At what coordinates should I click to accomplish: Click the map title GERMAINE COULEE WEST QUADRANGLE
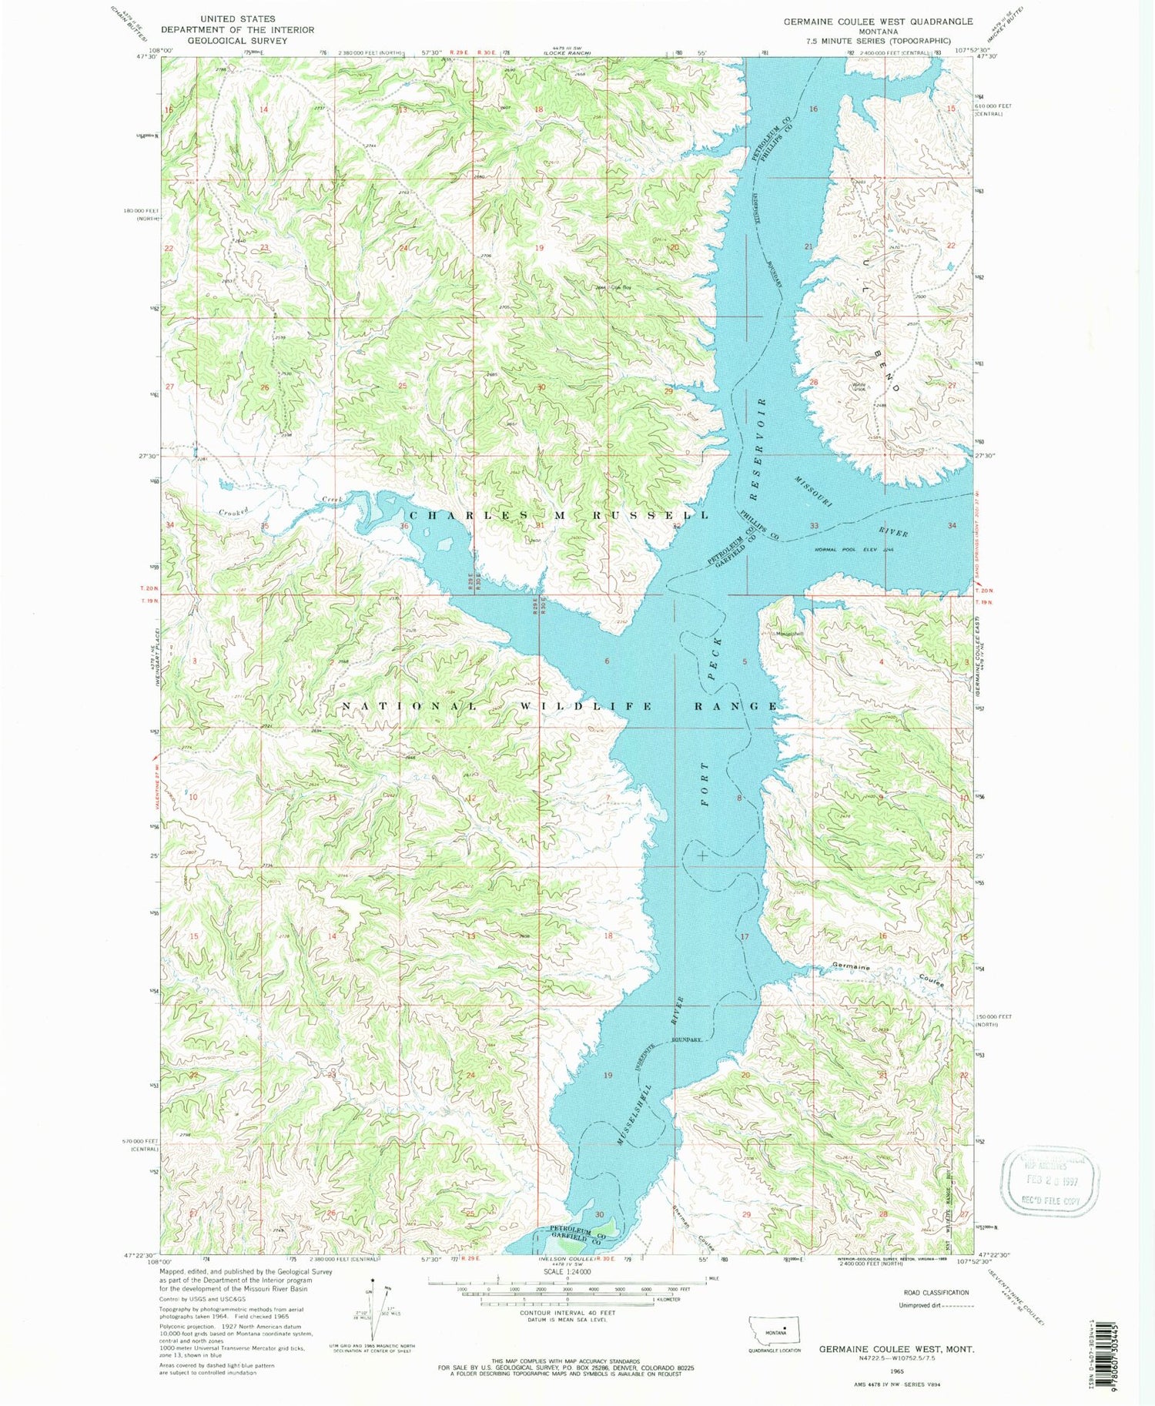pos(878,22)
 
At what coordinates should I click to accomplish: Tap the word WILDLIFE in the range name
pos(565,706)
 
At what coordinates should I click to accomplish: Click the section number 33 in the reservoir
pos(814,526)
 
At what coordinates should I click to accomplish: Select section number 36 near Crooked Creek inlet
pos(404,526)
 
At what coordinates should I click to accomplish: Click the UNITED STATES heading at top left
pos(237,18)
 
